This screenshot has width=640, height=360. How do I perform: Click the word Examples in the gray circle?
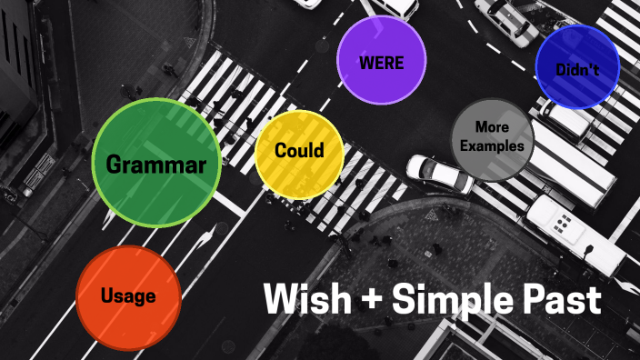click(492, 145)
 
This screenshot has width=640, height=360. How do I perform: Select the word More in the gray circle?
click(492, 127)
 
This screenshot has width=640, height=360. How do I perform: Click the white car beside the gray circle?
click(438, 174)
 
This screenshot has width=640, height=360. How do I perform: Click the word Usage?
click(128, 296)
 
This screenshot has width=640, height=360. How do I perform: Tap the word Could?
click(299, 150)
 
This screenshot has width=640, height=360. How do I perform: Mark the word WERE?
click(381, 64)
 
